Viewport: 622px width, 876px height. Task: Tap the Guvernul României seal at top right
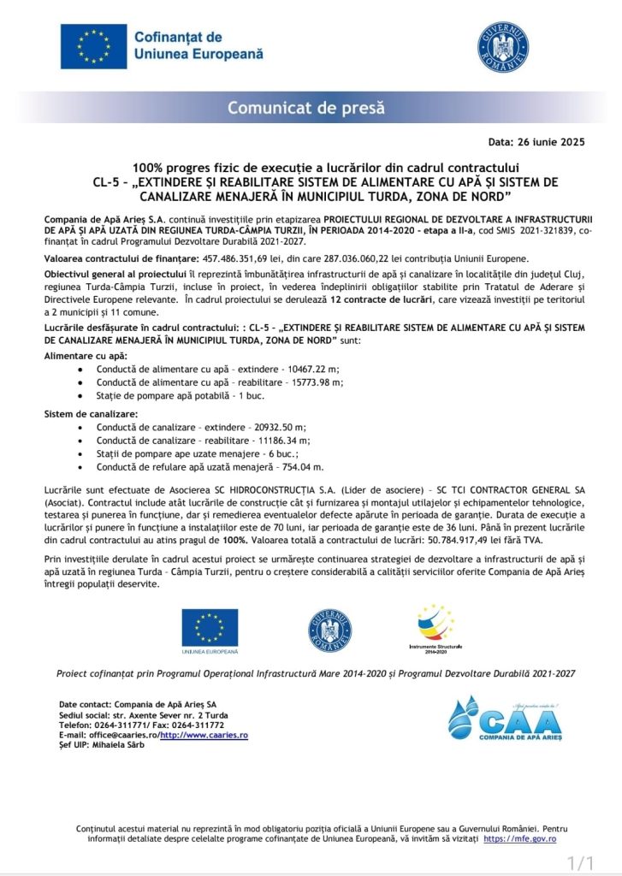click(502, 46)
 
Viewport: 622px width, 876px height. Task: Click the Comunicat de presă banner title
click(305, 109)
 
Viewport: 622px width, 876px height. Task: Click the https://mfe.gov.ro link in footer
click(519, 839)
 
